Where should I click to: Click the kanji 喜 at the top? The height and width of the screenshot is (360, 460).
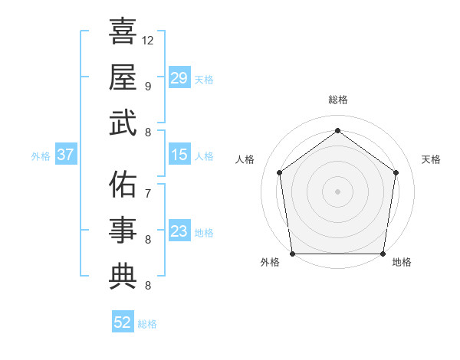tap(123, 33)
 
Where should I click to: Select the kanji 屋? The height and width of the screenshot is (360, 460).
tap(123, 78)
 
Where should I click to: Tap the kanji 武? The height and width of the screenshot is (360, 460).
tap(123, 123)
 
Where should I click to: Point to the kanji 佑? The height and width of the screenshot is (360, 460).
tap(123, 186)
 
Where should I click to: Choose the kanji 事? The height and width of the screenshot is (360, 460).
tap(123, 231)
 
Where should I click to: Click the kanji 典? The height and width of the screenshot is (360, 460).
tap(123, 277)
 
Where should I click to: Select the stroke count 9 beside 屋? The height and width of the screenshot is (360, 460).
tap(147, 86)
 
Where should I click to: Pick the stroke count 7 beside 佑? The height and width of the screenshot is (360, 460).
tap(147, 194)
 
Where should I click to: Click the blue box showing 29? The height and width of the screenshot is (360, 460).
tap(179, 78)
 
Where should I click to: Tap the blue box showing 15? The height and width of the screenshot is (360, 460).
tap(179, 155)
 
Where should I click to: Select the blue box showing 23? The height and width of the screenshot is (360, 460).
tap(179, 231)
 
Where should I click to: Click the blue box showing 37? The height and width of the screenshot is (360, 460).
tap(66, 155)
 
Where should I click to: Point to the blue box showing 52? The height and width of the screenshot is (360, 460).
tap(123, 322)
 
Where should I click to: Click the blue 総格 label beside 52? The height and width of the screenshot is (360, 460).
tap(147, 324)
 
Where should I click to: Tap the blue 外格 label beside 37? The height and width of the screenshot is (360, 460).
tap(41, 156)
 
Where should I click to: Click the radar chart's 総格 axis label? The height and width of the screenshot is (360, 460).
tap(337, 100)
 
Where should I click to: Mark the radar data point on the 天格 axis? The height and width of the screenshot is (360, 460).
tap(396, 172)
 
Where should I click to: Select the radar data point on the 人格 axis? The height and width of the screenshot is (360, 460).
tap(279, 172)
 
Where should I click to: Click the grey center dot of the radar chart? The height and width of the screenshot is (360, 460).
tap(337, 191)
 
